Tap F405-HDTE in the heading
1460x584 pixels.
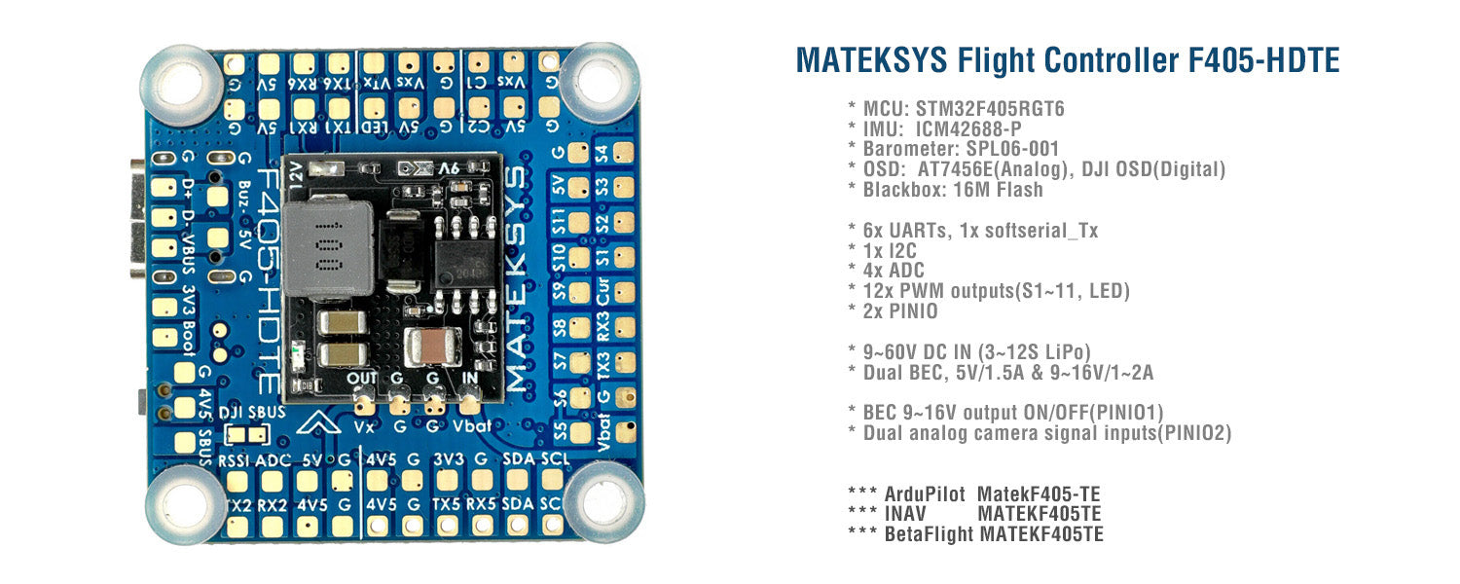coord(1264,60)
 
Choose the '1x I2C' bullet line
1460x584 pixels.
coord(890,250)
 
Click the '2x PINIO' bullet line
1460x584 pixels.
coord(903,310)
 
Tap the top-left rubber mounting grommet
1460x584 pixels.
coord(180,84)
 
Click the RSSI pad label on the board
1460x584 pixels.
coord(235,459)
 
